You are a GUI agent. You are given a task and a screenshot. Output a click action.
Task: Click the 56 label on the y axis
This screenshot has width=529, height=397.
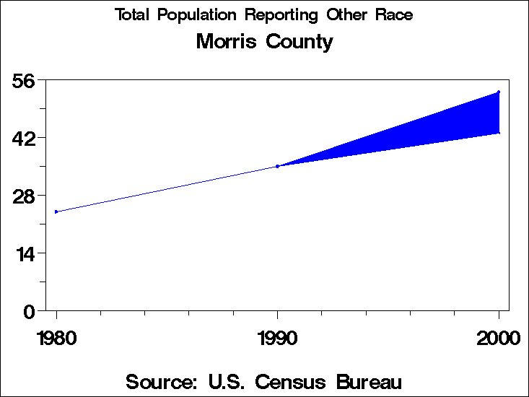point(25,80)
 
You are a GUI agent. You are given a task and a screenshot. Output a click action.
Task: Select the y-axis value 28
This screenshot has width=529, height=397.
point(25,196)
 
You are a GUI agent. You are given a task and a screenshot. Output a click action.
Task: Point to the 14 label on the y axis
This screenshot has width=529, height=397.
point(25,253)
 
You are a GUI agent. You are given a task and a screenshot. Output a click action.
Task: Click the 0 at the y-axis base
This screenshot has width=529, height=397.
point(30,311)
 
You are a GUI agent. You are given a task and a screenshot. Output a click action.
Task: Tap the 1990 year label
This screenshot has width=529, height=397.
point(278,339)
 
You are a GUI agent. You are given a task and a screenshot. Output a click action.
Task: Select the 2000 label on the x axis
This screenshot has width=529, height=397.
point(498,339)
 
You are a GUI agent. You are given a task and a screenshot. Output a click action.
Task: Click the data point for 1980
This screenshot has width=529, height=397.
point(56,211)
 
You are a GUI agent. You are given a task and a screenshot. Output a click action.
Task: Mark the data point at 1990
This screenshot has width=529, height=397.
point(278,166)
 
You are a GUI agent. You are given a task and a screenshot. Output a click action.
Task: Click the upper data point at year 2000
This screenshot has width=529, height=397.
point(499,92)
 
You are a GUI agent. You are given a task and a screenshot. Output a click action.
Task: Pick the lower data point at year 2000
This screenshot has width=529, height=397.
point(499,133)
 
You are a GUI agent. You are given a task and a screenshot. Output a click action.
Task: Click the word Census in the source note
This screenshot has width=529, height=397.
point(284,381)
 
